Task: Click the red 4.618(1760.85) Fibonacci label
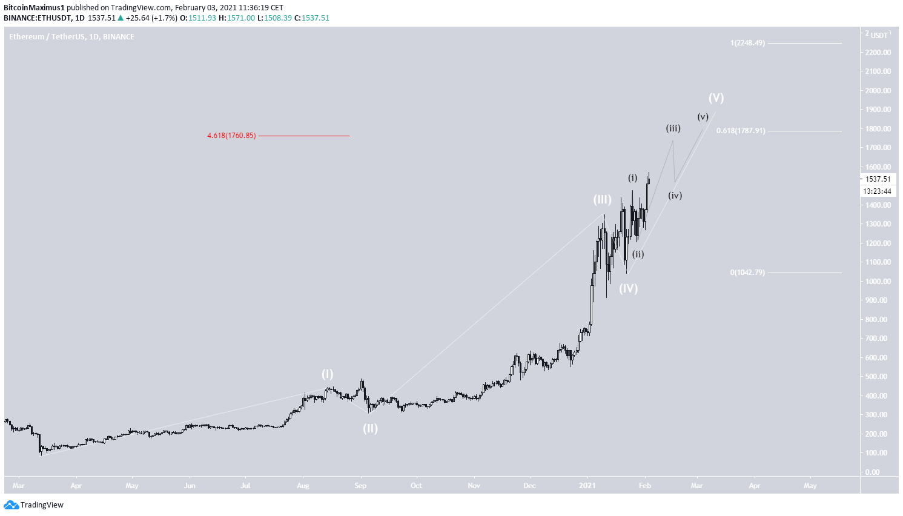point(231,136)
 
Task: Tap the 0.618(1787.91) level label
point(741,131)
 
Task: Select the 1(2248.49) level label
point(747,43)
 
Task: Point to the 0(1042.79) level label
point(747,273)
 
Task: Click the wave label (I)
point(327,374)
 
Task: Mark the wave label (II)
point(370,429)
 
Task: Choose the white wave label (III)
point(602,199)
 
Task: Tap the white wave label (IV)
point(628,288)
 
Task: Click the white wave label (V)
point(716,98)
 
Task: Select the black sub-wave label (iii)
point(673,128)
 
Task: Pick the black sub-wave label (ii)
point(638,254)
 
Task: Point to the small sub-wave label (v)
point(703,117)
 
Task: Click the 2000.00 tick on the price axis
point(878,91)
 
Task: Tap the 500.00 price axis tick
point(878,377)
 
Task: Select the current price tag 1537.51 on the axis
point(878,179)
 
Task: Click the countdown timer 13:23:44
point(878,191)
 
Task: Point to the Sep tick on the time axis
point(360,486)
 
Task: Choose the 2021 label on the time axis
point(587,486)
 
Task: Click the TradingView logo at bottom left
point(34,505)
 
